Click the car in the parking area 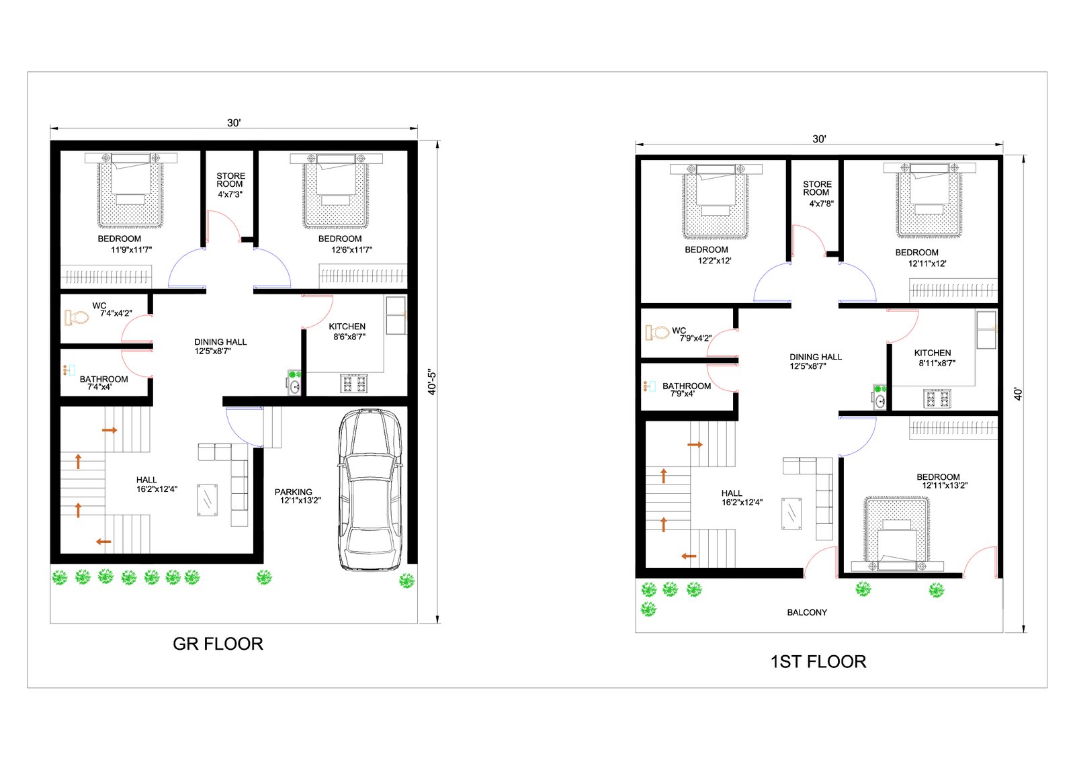(370, 490)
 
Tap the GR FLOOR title (218, 644)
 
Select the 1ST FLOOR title (818, 662)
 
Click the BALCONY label (807, 612)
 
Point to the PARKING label (293, 492)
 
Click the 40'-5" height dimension (432, 382)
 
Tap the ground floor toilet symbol (77, 317)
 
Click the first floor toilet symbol (658, 332)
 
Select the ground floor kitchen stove (353, 383)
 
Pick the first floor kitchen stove (937, 398)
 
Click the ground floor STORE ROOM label (230, 179)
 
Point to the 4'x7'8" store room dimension (821, 204)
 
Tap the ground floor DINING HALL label (220, 342)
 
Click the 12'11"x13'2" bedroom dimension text (945, 485)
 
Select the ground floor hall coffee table (208, 500)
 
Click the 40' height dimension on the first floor (1019, 394)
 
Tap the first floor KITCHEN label (932, 353)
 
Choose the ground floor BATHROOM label (103, 379)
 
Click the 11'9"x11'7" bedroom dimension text (131, 250)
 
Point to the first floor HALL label (732, 493)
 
